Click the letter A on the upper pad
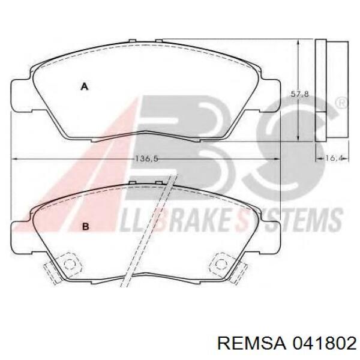tap(85, 87)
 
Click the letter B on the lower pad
tap(85, 227)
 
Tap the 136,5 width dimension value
tap(146, 158)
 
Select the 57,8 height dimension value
tap(300, 94)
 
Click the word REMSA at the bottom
tap(251, 344)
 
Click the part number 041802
tap(324, 344)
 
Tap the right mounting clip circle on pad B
tap(221, 264)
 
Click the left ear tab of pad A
tap(21, 95)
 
